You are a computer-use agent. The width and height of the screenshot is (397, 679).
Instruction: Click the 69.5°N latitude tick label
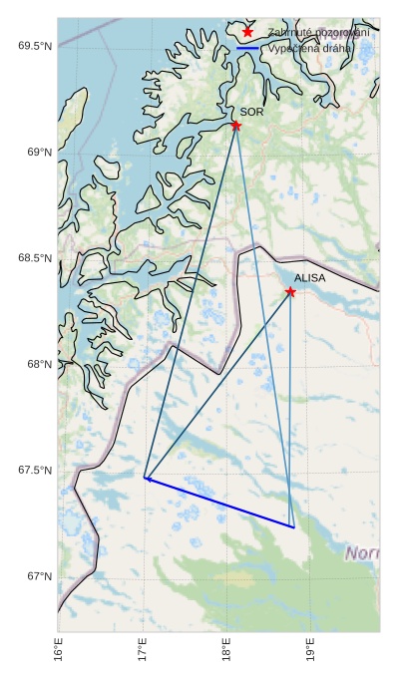pyautogui.click(x=34, y=47)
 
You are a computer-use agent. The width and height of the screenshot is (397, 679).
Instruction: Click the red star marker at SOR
pyautogui.click(x=236, y=126)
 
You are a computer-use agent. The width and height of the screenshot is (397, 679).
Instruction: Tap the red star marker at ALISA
pyautogui.click(x=290, y=291)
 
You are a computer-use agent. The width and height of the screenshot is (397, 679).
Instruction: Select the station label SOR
pyautogui.click(x=251, y=112)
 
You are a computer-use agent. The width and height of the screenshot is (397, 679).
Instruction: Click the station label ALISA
pyautogui.click(x=309, y=278)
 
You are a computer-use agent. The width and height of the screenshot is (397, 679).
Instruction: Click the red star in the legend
pyautogui.click(x=247, y=32)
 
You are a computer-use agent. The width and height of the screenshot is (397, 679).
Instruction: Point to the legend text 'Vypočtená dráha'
pyautogui.click(x=310, y=47)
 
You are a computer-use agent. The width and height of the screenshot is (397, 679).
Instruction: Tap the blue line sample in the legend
pyautogui.click(x=247, y=47)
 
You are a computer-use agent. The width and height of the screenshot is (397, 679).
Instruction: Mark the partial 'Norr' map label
pyautogui.click(x=361, y=552)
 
